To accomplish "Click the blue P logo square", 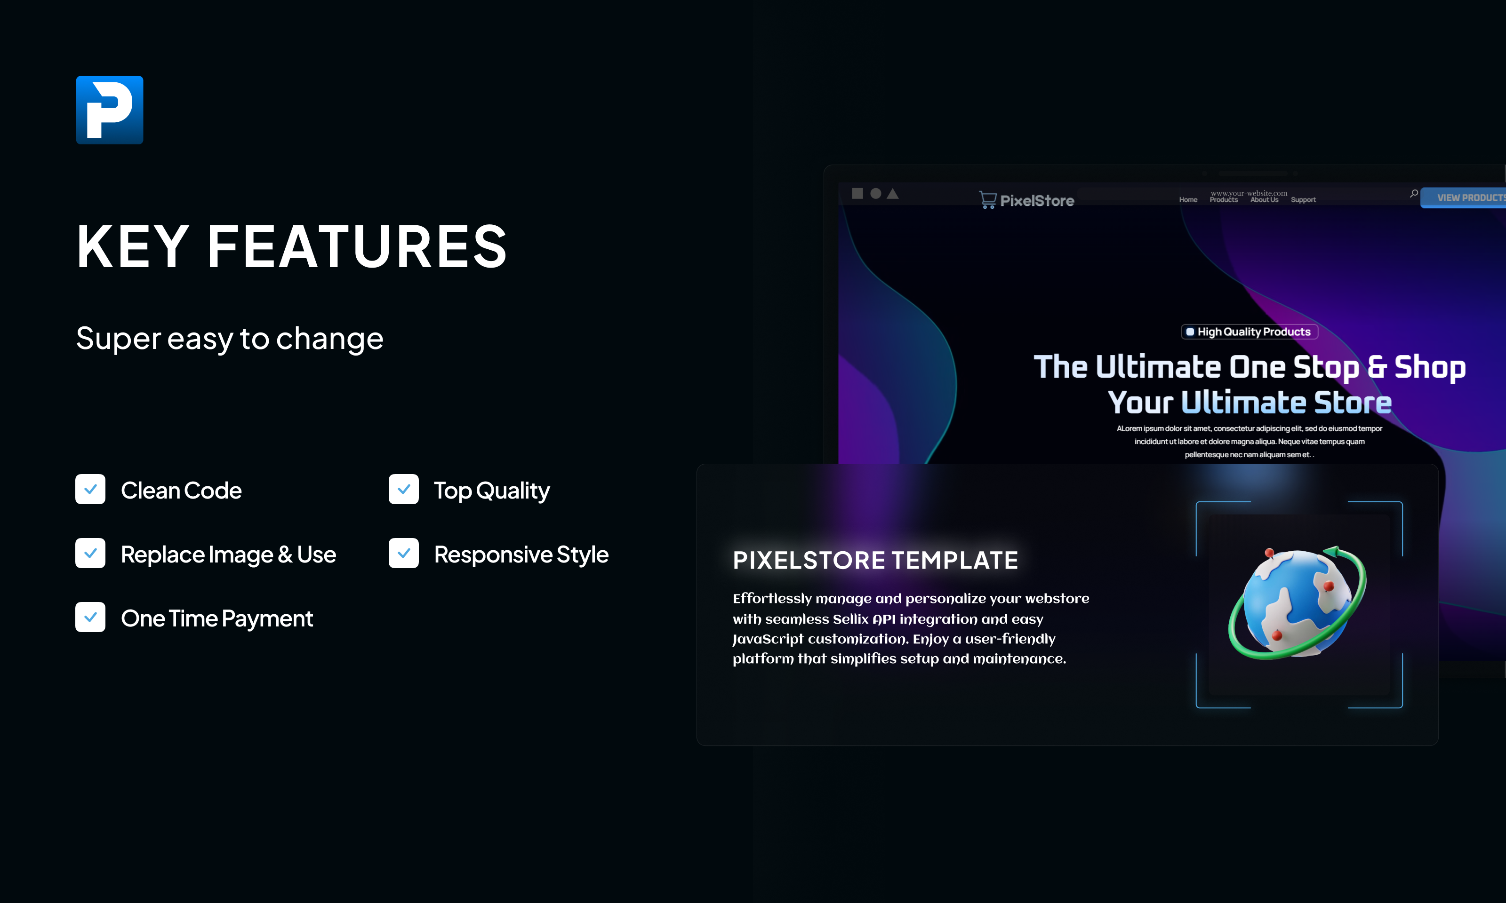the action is click(x=110, y=110).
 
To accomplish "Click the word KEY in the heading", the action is click(x=133, y=246).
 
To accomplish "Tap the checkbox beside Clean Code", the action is click(x=90, y=489).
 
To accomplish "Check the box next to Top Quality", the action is click(x=404, y=489).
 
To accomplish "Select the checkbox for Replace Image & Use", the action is click(x=90, y=553).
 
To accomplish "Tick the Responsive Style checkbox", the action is click(x=404, y=553).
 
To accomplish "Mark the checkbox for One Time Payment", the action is click(x=90, y=617).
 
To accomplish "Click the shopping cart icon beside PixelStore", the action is click(x=987, y=199).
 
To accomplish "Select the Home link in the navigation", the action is click(x=1188, y=199).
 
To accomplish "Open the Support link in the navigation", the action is click(x=1303, y=199).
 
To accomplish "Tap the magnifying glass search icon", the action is click(x=1413, y=193).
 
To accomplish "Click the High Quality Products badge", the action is click(x=1249, y=332).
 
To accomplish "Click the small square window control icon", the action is click(x=857, y=193).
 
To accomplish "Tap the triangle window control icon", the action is click(x=892, y=193).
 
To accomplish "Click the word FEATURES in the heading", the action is click(x=357, y=246).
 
